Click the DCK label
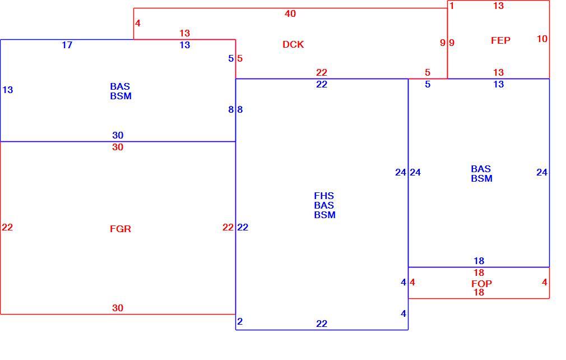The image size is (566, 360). [x=293, y=44]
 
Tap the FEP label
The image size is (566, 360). [x=500, y=40]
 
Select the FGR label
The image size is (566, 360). [x=120, y=229]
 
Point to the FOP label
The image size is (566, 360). [x=481, y=284]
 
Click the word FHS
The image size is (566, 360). [x=324, y=196]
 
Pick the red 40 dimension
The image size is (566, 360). [x=290, y=13]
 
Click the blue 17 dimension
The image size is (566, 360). [x=67, y=45]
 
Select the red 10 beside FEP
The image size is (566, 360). [x=542, y=39]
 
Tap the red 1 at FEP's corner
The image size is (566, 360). [x=452, y=6]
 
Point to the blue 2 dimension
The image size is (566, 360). [x=240, y=321]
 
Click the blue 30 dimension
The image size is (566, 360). [x=118, y=135]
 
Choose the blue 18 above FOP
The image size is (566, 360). [x=479, y=261]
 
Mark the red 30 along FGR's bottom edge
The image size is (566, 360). [x=118, y=308]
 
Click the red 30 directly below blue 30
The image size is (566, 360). [x=118, y=147]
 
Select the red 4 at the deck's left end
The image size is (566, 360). [x=137, y=24]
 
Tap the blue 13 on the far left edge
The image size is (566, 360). [x=8, y=90]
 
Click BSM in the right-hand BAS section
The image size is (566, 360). [x=481, y=178]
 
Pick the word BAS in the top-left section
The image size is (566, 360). [x=120, y=86]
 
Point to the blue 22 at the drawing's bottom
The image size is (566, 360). [x=322, y=324]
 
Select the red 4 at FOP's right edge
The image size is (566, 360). [x=544, y=283]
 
